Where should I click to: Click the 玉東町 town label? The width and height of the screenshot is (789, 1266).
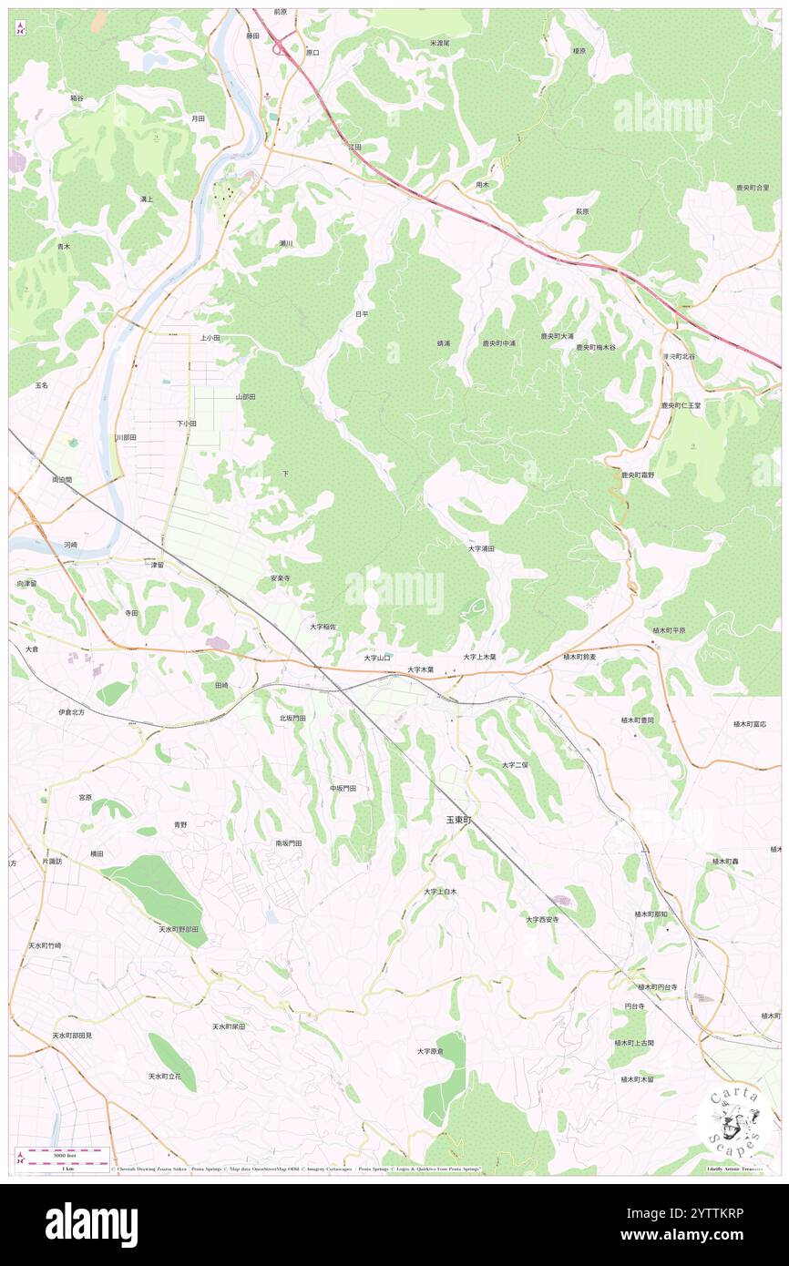click(x=458, y=820)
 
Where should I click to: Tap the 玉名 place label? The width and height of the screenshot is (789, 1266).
click(x=41, y=385)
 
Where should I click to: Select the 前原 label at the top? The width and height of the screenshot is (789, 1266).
click(x=281, y=12)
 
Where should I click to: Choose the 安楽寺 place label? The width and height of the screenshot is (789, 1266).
click(x=280, y=578)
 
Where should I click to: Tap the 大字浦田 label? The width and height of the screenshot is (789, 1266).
click(x=481, y=548)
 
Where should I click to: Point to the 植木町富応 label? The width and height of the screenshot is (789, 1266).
click(x=750, y=724)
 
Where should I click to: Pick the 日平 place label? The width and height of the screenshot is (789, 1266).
click(x=362, y=314)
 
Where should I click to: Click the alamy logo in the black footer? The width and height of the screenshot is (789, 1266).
click(x=91, y=1224)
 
